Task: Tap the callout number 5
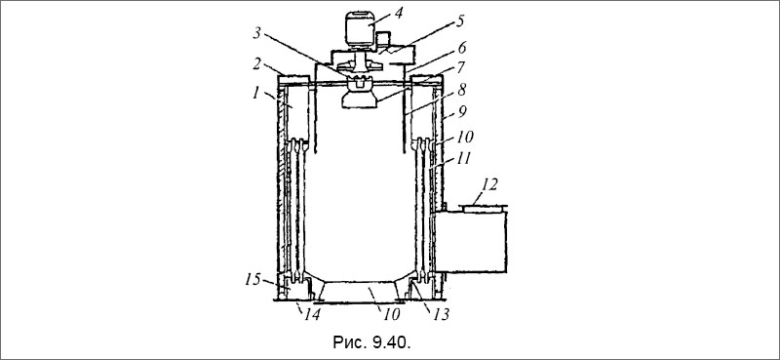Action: coord(461,21)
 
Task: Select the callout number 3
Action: coord(256,35)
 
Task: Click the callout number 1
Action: coord(257,94)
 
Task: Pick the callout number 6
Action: coord(461,49)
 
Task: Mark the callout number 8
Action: coord(462,91)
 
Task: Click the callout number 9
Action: coord(462,112)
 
